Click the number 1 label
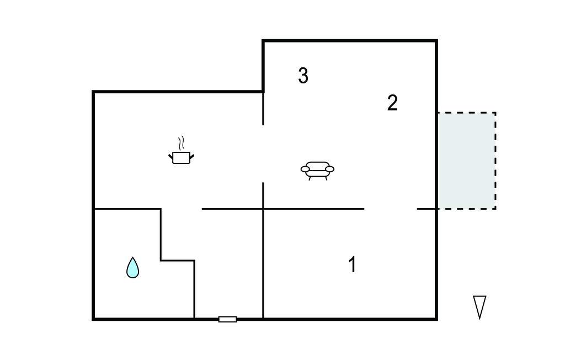click(x=353, y=264)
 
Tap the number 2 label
click(x=392, y=103)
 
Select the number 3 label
click(x=303, y=76)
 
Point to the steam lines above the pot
click(x=182, y=143)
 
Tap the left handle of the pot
click(x=170, y=156)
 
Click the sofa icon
click(x=317, y=171)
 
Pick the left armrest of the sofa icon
click(x=305, y=168)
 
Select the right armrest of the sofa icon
click(x=330, y=168)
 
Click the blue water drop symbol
click(x=132, y=268)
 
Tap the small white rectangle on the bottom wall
click(x=228, y=319)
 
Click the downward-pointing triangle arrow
click(x=479, y=306)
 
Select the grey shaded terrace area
click(x=467, y=161)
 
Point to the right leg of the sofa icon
click(x=326, y=178)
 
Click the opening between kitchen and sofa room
click(x=263, y=154)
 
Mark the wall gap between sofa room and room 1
click(x=391, y=209)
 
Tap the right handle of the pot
click(x=192, y=156)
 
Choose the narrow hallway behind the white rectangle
click(x=228, y=263)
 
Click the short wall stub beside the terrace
click(x=427, y=209)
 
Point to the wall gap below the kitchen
click(x=181, y=209)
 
